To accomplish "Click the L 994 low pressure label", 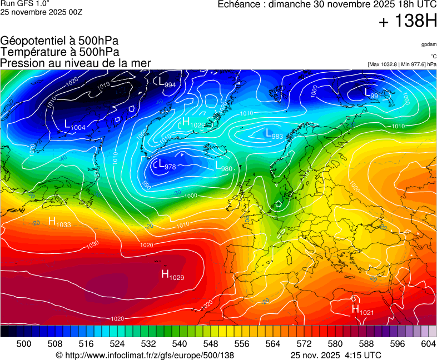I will point(167,82).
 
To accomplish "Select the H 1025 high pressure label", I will point(193,123).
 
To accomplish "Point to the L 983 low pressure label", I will point(274,134).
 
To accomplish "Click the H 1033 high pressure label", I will point(59,222).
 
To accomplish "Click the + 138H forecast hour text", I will point(408,22).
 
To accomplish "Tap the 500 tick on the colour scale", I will point(24,344).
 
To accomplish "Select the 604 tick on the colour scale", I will point(428,344).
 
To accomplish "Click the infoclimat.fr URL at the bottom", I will point(145,355).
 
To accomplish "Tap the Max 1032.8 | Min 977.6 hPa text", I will point(402,64).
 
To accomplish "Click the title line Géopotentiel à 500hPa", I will point(59,41).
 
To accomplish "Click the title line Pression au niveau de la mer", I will point(76,63).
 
